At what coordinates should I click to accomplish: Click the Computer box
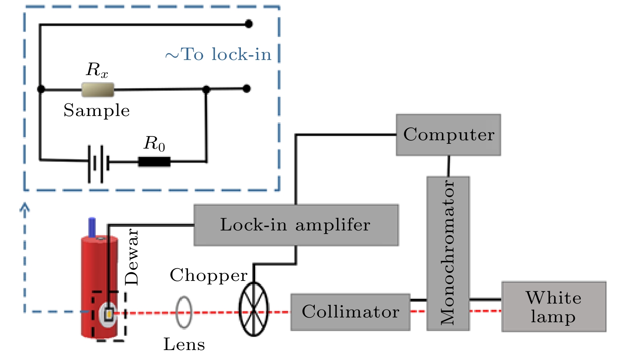coord(448,135)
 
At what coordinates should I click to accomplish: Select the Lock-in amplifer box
coord(296,225)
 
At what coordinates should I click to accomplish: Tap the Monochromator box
coord(448,253)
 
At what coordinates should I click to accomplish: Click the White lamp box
coord(554,307)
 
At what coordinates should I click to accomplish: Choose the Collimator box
coord(350,312)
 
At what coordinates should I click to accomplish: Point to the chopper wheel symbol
coord(254,309)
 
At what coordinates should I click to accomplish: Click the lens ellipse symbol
coord(184,312)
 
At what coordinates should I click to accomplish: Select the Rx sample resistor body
coord(98,89)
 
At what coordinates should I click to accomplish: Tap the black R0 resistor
coord(154,162)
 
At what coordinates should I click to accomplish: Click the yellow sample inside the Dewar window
coord(109,315)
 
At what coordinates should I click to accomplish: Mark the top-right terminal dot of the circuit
coord(249,24)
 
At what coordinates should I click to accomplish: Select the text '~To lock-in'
coord(218,54)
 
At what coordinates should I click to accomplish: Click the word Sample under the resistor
coord(97,110)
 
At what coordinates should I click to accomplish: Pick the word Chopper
coord(208,275)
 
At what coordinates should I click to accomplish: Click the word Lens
coord(184,345)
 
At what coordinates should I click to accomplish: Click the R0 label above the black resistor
coord(154,143)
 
